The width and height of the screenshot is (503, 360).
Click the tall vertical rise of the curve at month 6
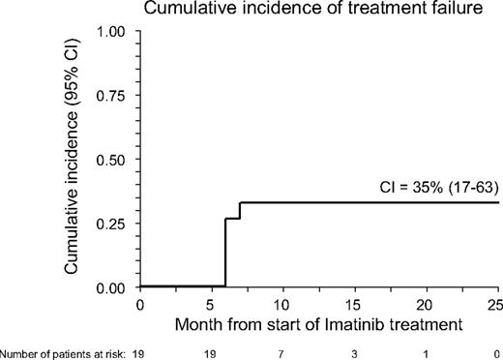pyautogui.click(x=225, y=252)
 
